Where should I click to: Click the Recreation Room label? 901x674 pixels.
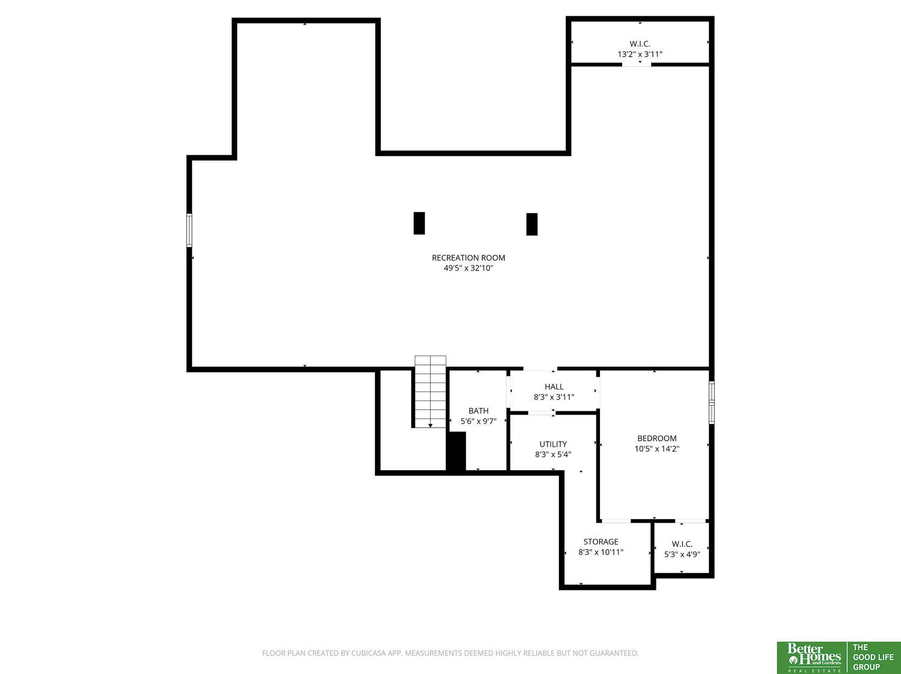(468, 258)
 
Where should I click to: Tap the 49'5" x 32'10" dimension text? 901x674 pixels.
(468, 268)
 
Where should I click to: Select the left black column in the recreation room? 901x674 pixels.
(419, 223)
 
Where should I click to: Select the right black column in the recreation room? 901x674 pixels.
(532, 224)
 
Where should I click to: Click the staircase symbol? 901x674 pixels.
(430, 392)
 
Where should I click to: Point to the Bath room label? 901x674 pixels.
(479, 411)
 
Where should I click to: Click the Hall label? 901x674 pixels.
(554, 387)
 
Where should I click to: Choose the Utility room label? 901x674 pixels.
(553, 444)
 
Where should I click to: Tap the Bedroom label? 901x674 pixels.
(657, 438)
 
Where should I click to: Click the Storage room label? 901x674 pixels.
(601, 541)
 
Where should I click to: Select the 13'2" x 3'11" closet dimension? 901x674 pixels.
(640, 54)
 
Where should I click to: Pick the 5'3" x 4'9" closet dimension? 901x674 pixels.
(682, 554)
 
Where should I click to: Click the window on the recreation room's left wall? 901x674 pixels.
(189, 230)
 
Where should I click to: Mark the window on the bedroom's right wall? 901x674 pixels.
(712, 402)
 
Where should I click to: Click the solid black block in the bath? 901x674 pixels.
(456, 451)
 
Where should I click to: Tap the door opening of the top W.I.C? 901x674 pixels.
(637, 64)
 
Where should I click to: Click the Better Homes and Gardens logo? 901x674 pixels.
(811, 657)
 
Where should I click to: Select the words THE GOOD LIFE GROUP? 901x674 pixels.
(873, 657)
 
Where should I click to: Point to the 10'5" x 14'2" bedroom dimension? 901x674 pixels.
(657, 449)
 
